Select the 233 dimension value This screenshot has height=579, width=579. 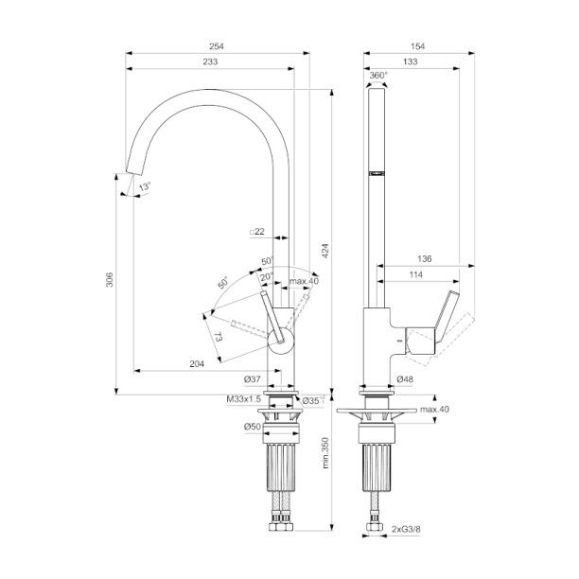[209, 61]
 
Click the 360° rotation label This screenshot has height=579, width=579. [377, 75]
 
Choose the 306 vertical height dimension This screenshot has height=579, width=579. [109, 281]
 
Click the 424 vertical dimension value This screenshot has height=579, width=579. [325, 251]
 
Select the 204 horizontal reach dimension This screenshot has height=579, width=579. [198, 363]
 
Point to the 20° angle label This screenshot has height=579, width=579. [267, 276]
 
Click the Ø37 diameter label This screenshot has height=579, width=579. [252, 379]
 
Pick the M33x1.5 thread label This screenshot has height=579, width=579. [243, 400]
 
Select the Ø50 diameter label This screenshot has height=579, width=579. [252, 427]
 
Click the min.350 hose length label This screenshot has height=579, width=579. [325, 454]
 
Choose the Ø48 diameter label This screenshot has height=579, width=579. [405, 379]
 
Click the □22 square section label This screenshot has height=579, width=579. [256, 232]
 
